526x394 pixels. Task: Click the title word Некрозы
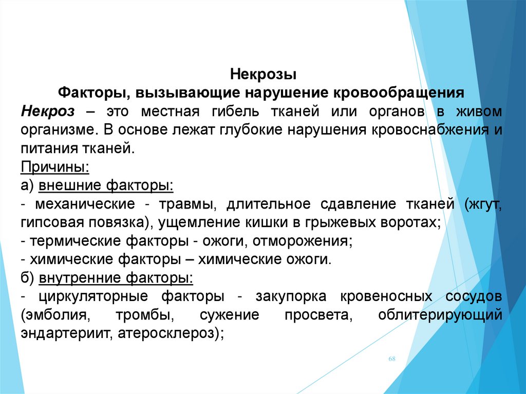coord(264,74)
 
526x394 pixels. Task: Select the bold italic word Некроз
coord(48,111)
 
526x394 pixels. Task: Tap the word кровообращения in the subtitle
coord(399,93)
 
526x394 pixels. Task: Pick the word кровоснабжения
coord(430,130)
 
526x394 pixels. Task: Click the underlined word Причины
coord(55,167)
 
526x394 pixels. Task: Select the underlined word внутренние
coord(79,278)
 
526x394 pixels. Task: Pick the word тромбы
coord(145,315)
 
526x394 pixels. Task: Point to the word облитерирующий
coord(440,315)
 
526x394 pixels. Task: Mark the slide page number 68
coord(392,359)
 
